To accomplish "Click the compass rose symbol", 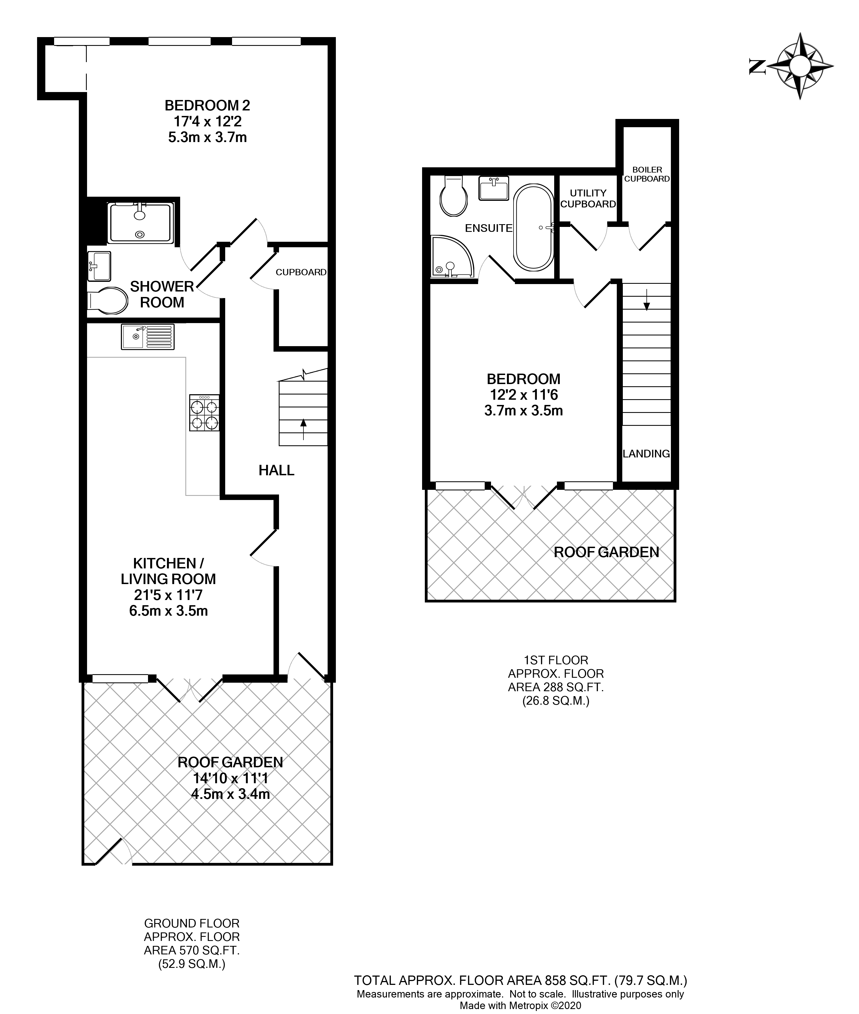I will (x=799, y=65).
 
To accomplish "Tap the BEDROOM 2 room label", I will (x=207, y=105).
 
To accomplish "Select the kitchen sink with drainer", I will (x=147, y=337).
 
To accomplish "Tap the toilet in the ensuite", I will (x=453, y=196).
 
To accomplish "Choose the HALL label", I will (x=276, y=470).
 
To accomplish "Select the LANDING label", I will (x=646, y=453).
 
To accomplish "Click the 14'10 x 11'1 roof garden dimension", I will (x=230, y=778).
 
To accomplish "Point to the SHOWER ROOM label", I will (x=162, y=294).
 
